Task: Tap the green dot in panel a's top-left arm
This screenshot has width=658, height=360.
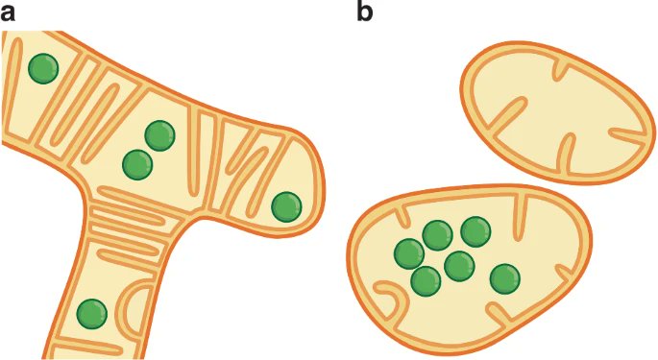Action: (42, 68)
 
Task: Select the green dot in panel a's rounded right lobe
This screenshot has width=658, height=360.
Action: (285, 206)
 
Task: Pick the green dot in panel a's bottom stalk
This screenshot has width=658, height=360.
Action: (91, 314)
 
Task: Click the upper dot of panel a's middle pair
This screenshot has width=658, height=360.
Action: (159, 136)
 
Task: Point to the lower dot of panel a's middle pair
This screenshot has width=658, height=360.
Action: (138, 165)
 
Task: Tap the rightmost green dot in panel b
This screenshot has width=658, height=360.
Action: (504, 279)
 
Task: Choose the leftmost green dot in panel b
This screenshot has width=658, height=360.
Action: (409, 253)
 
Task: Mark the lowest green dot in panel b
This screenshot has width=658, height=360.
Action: (426, 281)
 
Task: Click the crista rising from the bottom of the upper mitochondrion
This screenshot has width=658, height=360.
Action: (566, 154)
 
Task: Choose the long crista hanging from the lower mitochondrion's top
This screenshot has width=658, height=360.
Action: (524, 216)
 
